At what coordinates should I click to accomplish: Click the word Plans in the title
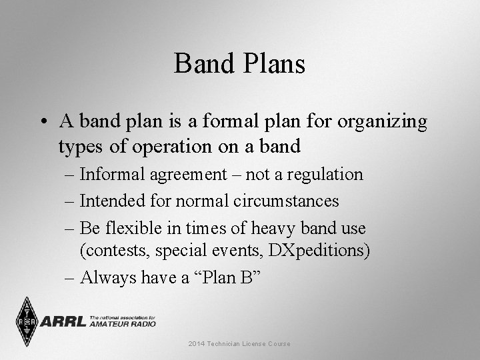pos(271,65)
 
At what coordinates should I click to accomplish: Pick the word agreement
pos(194,175)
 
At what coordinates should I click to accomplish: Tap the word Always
pos(109,278)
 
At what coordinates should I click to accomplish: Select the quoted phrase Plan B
pos(227,278)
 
